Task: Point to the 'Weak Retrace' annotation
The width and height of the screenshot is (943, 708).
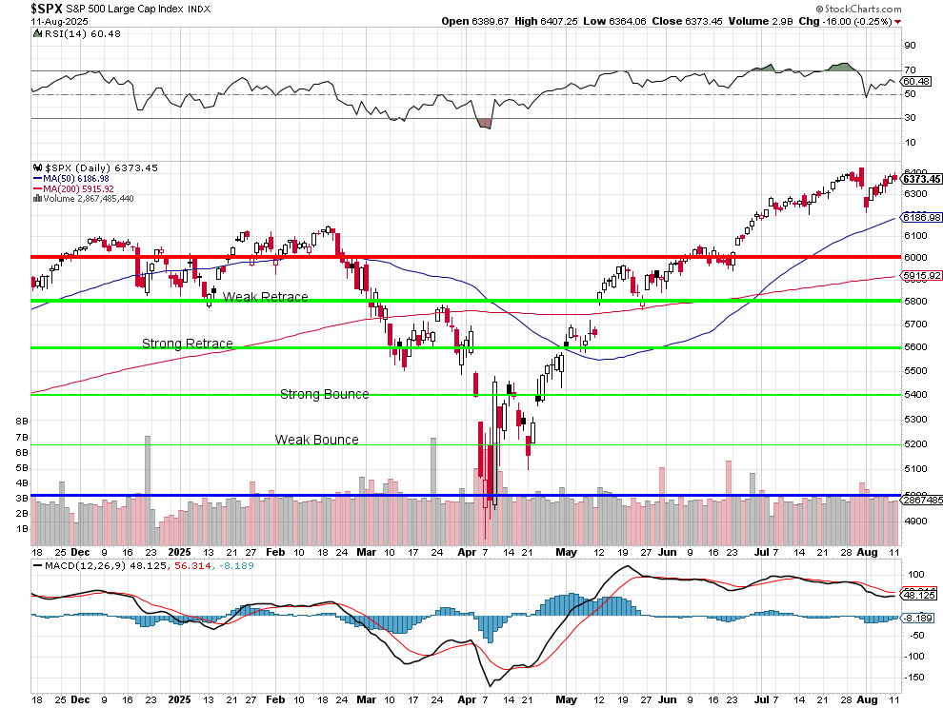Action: pyautogui.click(x=265, y=297)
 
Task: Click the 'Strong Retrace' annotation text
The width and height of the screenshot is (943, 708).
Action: pyautogui.click(x=188, y=344)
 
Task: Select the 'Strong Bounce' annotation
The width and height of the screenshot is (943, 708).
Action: pyautogui.click(x=324, y=394)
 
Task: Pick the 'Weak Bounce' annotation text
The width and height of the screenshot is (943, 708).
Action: pyautogui.click(x=317, y=440)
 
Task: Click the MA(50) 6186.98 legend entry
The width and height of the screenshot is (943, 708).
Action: pyautogui.click(x=75, y=178)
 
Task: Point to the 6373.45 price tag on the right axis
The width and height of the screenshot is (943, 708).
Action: pyautogui.click(x=921, y=179)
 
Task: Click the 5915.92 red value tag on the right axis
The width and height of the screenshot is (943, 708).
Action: pyautogui.click(x=921, y=276)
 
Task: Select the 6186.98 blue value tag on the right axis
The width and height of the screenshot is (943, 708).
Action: pyautogui.click(x=921, y=217)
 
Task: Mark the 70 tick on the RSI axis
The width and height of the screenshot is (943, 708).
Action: pyautogui.click(x=910, y=69)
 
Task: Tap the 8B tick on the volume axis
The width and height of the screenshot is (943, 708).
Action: pyautogui.click(x=22, y=420)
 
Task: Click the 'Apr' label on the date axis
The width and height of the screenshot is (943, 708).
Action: pyautogui.click(x=464, y=552)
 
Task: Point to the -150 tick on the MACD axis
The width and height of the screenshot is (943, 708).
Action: pyautogui.click(x=915, y=677)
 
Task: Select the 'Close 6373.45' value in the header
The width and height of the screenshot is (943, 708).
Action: pyautogui.click(x=682, y=21)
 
